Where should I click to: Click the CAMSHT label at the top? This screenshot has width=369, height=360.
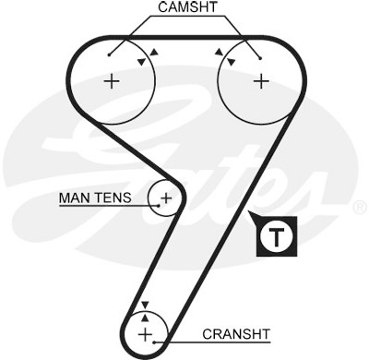click(187, 7)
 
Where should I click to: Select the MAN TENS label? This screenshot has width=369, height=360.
click(95, 198)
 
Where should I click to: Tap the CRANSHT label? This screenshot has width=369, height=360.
click(236, 334)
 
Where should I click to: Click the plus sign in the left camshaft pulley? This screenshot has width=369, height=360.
click(112, 81)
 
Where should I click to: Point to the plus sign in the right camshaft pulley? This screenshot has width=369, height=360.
click(261, 81)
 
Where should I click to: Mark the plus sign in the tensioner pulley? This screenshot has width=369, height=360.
click(166, 198)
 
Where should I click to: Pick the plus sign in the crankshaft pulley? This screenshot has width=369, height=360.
click(145, 334)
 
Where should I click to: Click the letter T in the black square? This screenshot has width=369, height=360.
click(277, 237)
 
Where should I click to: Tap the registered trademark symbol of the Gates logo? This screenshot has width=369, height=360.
click(360, 208)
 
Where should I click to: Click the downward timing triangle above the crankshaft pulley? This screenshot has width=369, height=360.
click(145, 305)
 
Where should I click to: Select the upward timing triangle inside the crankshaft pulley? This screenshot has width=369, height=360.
click(145, 317)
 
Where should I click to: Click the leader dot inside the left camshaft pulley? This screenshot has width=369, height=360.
click(109, 55)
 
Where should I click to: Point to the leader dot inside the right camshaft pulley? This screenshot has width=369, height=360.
click(260, 58)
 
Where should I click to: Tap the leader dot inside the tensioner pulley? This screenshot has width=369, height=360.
click(159, 206)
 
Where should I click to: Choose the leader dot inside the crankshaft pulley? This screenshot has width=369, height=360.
click(155, 342)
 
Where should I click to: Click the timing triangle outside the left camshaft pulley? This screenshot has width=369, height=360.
click(154, 53)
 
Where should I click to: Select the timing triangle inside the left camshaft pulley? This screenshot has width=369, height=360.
click(141, 62)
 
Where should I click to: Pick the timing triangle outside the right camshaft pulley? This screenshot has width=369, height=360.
click(219, 52)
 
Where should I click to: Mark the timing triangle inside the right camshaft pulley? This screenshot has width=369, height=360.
click(231, 62)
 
